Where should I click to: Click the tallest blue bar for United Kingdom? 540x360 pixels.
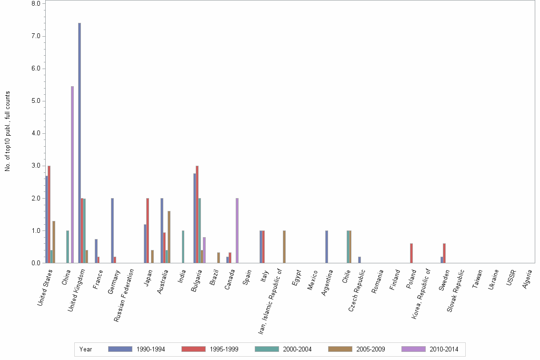tap(80, 143)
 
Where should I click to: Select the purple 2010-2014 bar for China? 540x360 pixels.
tap(72, 174)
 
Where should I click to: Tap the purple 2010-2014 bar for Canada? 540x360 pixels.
tap(237, 230)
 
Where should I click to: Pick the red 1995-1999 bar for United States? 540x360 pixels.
tap(49, 214)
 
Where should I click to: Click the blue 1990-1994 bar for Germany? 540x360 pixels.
tap(112, 230)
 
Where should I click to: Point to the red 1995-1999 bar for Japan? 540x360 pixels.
tap(148, 230)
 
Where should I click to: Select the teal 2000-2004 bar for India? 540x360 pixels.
tap(183, 247)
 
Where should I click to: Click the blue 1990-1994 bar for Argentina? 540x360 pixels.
tap(327, 247)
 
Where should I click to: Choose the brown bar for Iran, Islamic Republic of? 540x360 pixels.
tap(284, 247)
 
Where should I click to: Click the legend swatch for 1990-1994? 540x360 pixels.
tap(120, 349)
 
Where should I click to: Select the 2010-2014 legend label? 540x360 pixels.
tap(444, 350)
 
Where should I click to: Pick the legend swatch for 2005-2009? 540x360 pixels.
tap(340, 349)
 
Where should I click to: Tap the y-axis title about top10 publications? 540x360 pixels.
tap(8, 131)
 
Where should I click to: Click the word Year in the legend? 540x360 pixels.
tap(86, 350)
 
